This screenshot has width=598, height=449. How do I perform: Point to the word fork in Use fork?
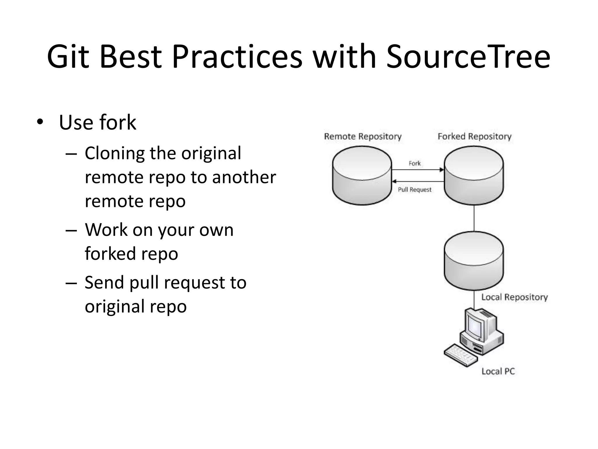(118, 122)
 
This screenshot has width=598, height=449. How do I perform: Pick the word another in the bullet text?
(244, 177)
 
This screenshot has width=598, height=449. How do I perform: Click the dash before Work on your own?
(71, 230)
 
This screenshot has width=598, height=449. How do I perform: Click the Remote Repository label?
(363, 137)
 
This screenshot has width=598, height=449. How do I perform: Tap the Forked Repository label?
(474, 137)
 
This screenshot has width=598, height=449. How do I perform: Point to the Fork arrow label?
(414, 163)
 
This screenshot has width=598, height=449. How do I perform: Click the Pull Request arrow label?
(414, 190)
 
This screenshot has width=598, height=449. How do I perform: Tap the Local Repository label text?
(514, 297)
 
